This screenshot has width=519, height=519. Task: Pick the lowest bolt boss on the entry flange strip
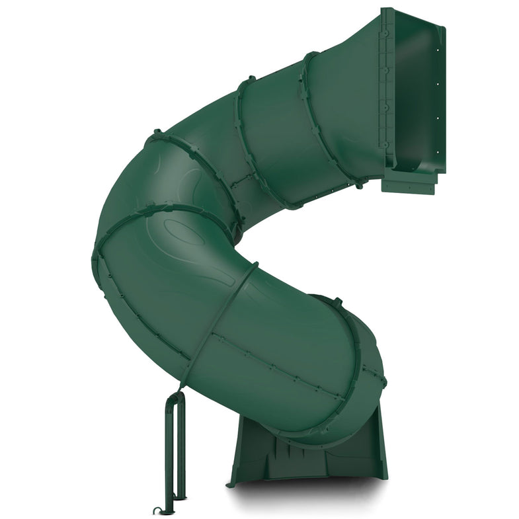[383, 143]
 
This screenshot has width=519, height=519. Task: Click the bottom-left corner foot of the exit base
[231, 483]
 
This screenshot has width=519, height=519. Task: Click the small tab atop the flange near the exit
[337, 302]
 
